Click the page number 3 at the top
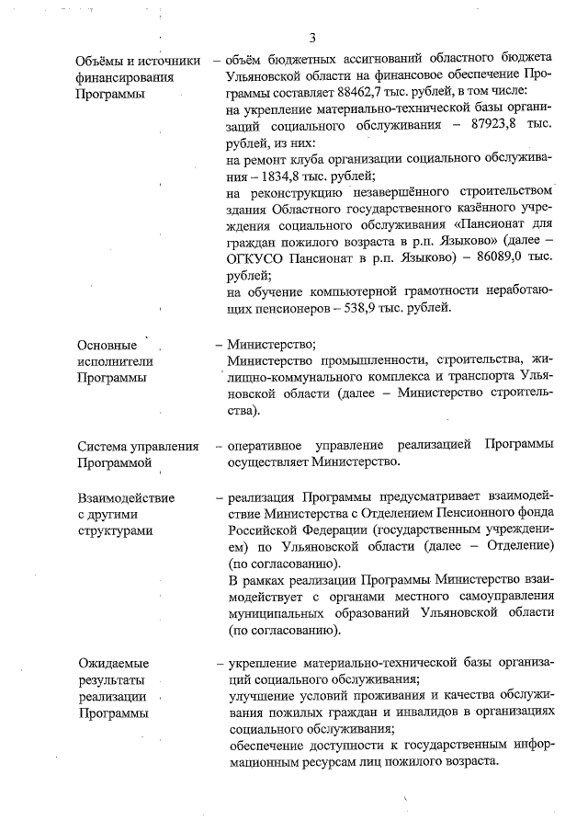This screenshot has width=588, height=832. (312, 38)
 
